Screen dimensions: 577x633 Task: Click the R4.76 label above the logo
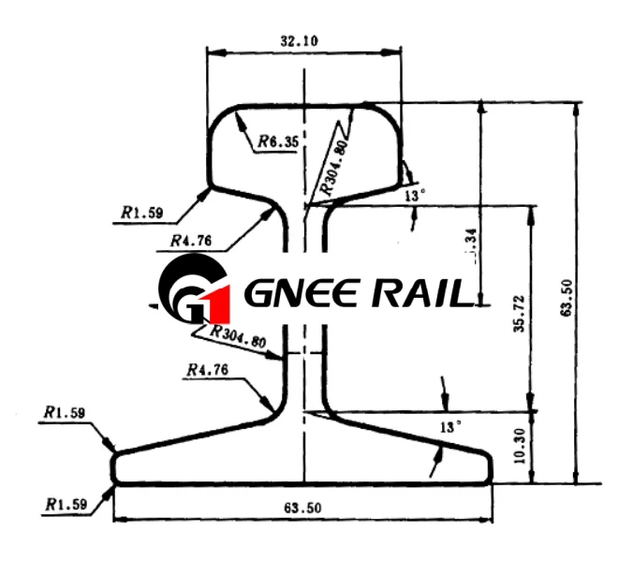click(x=191, y=241)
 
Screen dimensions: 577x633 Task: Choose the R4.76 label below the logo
click(x=208, y=372)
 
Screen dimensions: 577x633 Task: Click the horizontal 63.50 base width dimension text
click(x=302, y=508)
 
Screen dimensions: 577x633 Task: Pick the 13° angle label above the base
click(x=451, y=426)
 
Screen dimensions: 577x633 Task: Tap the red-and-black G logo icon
click(x=193, y=292)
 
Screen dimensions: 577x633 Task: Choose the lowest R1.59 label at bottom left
click(x=66, y=504)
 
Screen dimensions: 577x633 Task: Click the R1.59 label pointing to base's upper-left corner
click(x=64, y=411)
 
